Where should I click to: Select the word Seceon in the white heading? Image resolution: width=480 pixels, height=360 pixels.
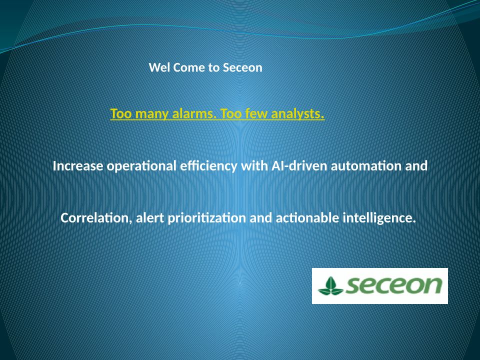(242, 67)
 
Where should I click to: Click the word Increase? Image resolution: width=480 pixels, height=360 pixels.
(78, 166)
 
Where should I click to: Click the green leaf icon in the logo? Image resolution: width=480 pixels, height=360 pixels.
(330, 286)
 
